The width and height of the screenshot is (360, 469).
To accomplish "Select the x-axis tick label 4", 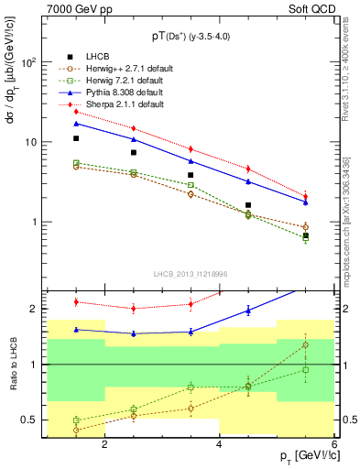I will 219,444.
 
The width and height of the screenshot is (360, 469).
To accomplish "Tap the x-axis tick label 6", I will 333,444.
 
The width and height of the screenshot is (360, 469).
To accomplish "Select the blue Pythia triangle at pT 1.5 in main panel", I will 76,123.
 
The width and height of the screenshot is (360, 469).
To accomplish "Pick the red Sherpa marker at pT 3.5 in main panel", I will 191,148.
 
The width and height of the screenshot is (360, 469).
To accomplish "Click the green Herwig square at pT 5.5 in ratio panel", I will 305,370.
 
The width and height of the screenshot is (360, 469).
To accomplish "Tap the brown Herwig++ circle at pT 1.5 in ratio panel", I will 76,429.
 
